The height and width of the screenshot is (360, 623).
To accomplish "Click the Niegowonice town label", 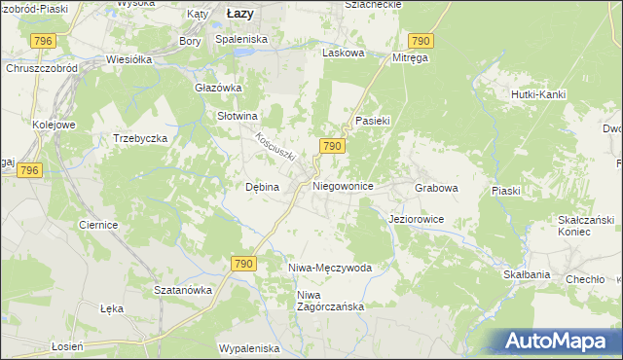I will coord(343,185).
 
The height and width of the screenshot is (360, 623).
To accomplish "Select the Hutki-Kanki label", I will coord(538,94).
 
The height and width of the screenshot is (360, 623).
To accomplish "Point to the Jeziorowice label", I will coord(416,220).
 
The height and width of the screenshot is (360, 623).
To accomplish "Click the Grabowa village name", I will coord(436,186).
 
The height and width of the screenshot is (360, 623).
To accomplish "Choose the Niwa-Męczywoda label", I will coord(330,267).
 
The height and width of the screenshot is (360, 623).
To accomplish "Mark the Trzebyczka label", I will coord(141,138).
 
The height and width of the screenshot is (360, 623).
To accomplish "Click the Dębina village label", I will coord(262,187).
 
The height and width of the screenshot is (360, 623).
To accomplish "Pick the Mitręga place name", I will coord(411,58).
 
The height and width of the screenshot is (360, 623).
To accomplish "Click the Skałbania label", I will coord(527,274).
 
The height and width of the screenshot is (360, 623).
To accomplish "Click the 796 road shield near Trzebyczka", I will coord(29,170).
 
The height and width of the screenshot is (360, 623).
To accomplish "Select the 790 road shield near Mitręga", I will coord(421,40).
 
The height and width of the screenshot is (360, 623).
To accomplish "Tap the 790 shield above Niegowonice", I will coord(331,146).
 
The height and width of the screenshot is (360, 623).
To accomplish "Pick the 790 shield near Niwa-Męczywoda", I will coord(243,264).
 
